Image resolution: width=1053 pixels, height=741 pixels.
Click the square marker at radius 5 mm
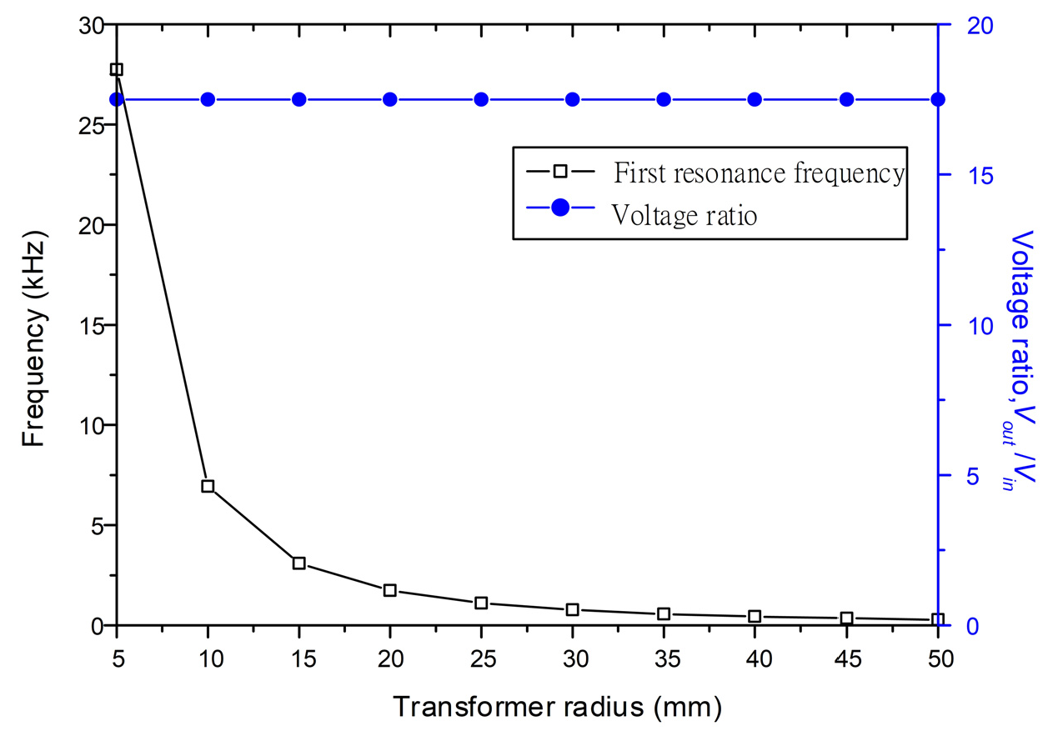click(117, 69)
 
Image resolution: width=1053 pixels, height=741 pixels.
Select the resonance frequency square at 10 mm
click(208, 486)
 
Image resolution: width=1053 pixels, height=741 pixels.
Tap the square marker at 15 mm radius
click(299, 563)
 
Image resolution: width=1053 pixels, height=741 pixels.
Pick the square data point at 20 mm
click(389, 590)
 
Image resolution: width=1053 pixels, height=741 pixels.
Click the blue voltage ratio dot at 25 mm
click(481, 99)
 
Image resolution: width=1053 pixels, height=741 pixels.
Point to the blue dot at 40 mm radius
click(755, 99)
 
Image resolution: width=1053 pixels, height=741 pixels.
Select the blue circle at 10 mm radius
click(208, 99)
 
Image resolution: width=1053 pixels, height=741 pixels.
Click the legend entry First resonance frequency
click(758, 173)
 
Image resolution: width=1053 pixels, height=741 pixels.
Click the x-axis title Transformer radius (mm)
click(557, 708)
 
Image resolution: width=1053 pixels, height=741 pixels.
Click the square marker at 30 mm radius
click(573, 610)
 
